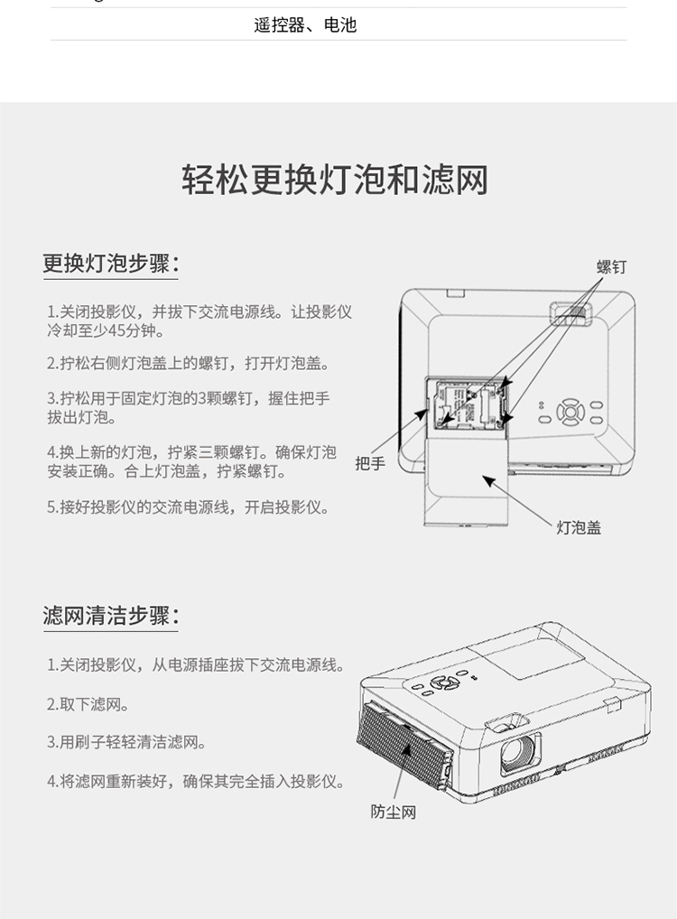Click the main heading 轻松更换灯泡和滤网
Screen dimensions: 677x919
click(x=335, y=180)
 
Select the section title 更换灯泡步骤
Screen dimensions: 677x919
click(x=111, y=264)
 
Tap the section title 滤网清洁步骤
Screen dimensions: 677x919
click(x=111, y=616)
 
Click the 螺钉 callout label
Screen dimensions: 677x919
click(x=611, y=266)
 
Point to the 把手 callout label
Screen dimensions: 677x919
click(x=370, y=464)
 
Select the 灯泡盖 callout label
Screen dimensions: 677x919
click(x=579, y=527)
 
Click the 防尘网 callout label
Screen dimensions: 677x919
click(x=393, y=812)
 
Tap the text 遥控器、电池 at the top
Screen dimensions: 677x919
click(x=305, y=24)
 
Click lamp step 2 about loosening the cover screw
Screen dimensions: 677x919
click(x=188, y=364)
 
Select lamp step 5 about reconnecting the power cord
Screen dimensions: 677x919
click(x=188, y=507)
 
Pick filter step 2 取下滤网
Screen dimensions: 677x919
click(x=88, y=704)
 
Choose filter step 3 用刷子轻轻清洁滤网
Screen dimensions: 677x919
click(x=126, y=743)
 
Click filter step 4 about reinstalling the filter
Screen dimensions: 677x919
click(x=196, y=781)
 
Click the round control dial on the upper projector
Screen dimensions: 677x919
click(x=570, y=412)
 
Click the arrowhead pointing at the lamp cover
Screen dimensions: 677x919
click(x=488, y=481)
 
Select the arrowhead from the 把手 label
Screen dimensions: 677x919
click(x=422, y=413)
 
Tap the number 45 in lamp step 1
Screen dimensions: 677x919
click(x=116, y=331)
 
